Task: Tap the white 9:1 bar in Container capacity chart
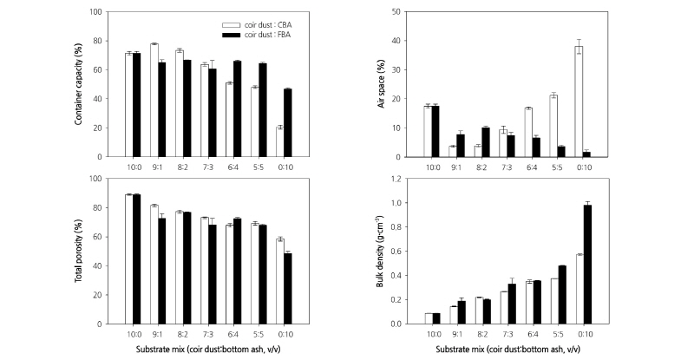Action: click(154, 100)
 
